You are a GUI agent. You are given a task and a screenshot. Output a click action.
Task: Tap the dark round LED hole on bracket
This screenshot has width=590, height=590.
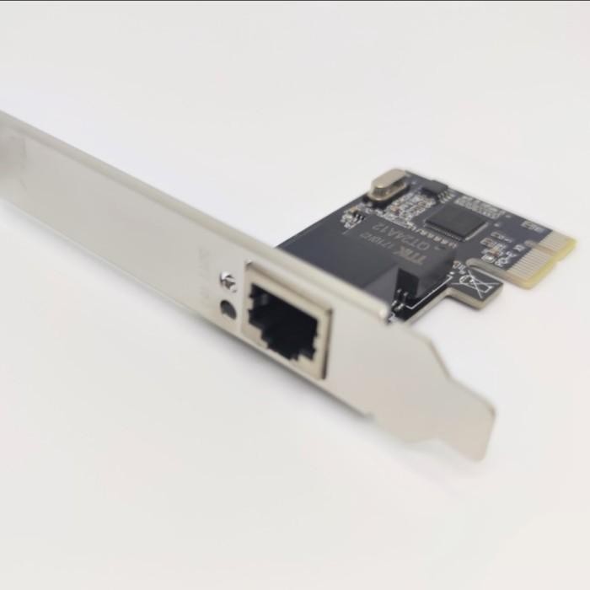(227, 308)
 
